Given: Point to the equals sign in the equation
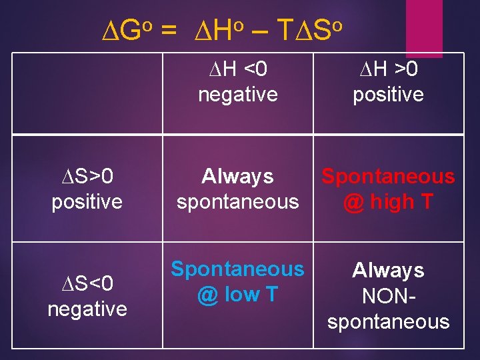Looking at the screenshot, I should pyautogui.click(x=169, y=30).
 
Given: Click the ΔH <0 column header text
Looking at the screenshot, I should pyautogui.click(x=238, y=69).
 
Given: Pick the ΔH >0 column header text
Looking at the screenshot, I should pyautogui.click(x=388, y=69).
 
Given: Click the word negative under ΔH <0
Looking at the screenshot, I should pyautogui.click(x=238, y=94).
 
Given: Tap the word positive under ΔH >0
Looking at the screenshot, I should pyautogui.click(x=388, y=94).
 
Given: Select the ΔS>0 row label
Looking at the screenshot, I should pyautogui.click(x=87, y=176).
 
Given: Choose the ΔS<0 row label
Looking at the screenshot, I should pyautogui.click(x=87, y=284).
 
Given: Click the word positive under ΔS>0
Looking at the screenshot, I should pyautogui.click(x=87, y=201).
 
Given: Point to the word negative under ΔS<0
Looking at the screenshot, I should pyautogui.click(x=87, y=309).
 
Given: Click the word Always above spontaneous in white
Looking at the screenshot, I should pyautogui.click(x=238, y=176).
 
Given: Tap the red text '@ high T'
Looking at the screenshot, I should pyautogui.click(x=388, y=201).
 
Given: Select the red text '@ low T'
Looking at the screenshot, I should pyautogui.click(x=238, y=294).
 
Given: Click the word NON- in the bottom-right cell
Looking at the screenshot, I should pyautogui.click(x=388, y=296).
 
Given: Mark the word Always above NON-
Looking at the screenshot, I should pyautogui.click(x=388, y=270).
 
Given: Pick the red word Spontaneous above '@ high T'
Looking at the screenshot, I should pyautogui.click(x=388, y=176).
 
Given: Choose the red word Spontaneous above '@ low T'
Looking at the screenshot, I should pyautogui.click(x=238, y=269).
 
